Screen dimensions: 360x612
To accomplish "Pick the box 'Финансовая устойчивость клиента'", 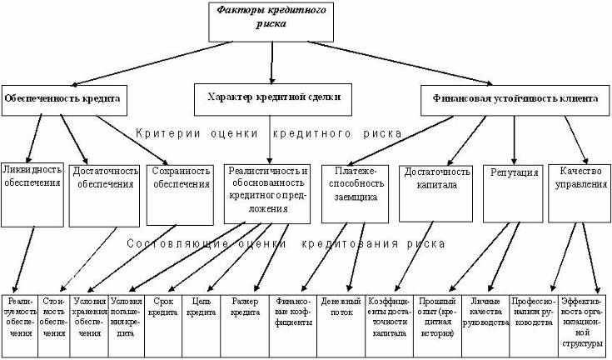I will [x=515, y=97].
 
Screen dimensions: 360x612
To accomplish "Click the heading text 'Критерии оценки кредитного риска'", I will [x=268, y=133].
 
